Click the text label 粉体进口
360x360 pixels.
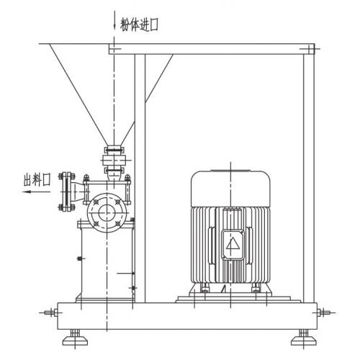140,24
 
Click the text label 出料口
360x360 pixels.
37,179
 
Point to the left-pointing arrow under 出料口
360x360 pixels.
36,192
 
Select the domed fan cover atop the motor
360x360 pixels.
230,188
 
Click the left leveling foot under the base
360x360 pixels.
75,338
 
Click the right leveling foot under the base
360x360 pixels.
304,338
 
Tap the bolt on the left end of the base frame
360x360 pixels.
52,312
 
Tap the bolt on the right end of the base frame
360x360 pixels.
323,312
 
